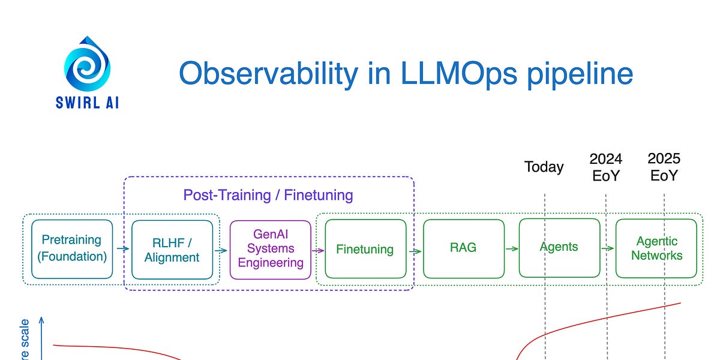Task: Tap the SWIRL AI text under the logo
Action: (88, 103)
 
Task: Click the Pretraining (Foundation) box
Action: (72, 249)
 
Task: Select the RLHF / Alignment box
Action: (172, 250)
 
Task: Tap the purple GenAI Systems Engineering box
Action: (271, 249)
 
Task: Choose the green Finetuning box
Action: (365, 249)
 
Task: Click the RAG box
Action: (463, 248)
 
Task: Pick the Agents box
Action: (559, 247)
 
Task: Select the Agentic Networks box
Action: (656, 248)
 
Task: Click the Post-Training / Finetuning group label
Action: (268, 195)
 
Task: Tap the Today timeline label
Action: (544, 167)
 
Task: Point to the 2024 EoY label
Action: (605, 167)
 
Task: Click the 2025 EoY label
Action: (664, 167)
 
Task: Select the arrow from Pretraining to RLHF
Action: (122, 248)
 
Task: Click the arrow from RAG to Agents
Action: (511, 248)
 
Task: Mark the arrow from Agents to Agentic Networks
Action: (608, 248)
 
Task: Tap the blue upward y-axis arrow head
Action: (42, 322)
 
